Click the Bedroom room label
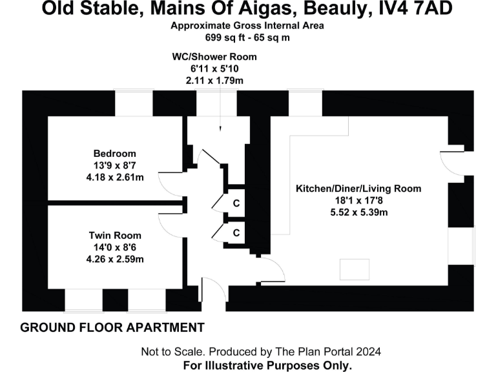[114, 154]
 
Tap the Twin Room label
[115, 236]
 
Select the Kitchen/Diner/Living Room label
[358, 189]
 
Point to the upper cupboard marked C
[236, 203]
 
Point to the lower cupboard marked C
[236, 232]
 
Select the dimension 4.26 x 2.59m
[115, 259]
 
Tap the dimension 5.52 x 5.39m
[358, 212]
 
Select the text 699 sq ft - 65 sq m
[247, 38]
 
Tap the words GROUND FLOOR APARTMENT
[112, 327]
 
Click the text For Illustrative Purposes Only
[268, 365]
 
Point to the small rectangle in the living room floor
[355, 269]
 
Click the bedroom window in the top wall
[134, 103]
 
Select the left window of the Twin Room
[83, 300]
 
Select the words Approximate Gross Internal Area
[247, 26]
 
